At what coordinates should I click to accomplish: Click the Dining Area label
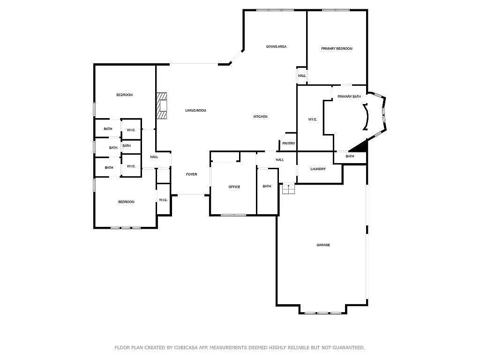(x=276, y=46)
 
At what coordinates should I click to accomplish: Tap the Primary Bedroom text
(x=337, y=49)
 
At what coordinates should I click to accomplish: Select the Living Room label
(x=195, y=111)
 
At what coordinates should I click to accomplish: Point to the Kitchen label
(x=261, y=117)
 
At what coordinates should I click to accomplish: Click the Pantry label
(x=289, y=143)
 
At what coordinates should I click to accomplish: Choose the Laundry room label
(x=318, y=169)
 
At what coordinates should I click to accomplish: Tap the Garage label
(x=323, y=245)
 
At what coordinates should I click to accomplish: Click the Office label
(x=234, y=187)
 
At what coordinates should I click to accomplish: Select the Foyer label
(x=191, y=174)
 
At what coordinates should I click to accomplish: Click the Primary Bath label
(x=349, y=97)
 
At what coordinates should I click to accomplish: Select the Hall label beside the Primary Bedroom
(x=302, y=76)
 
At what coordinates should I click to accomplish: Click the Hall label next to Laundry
(x=280, y=160)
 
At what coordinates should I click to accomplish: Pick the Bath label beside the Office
(x=267, y=187)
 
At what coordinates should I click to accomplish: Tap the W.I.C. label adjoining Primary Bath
(x=313, y=120)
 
